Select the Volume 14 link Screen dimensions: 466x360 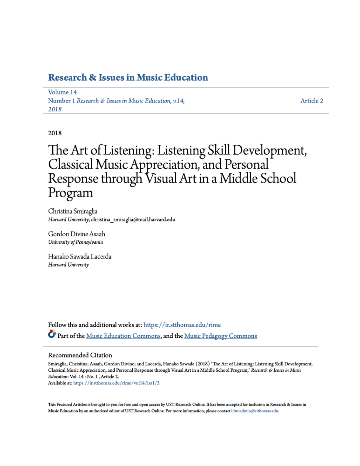[x=63, y=92]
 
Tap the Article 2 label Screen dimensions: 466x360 [x=312, y=101]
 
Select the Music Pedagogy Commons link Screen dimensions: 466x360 [x=221, y=336]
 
